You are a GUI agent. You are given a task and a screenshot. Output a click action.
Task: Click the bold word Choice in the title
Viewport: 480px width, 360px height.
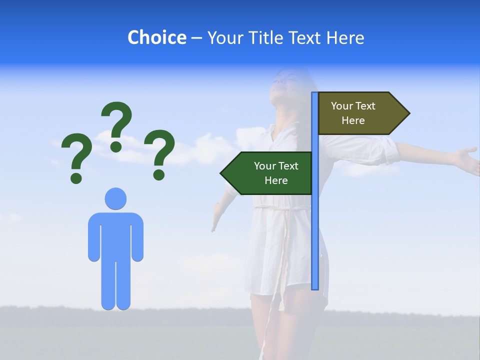(156, 37)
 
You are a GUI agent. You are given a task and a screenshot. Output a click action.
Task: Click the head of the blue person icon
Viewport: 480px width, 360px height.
(115, 198)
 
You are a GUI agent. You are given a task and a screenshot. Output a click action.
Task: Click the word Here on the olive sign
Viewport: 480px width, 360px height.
(353, 120)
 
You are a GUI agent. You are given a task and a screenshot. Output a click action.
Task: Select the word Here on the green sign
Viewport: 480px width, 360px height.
(276, 180)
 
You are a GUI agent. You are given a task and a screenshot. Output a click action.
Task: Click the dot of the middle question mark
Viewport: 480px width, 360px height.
(116, 146)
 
